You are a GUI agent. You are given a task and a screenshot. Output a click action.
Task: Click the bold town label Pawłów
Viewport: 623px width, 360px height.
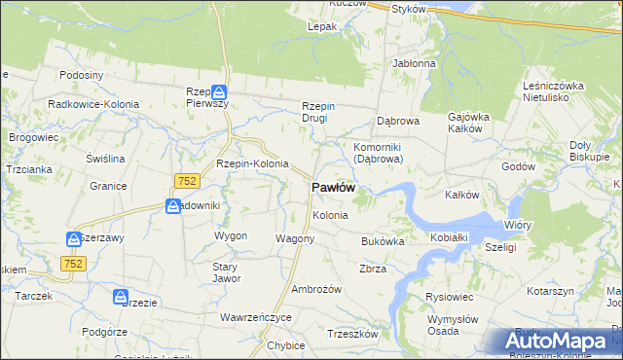point(333,187)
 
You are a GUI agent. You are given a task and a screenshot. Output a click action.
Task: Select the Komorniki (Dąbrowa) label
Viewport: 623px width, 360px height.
point(378,152)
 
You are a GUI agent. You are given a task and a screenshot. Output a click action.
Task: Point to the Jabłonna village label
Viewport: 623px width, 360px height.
point(414,63)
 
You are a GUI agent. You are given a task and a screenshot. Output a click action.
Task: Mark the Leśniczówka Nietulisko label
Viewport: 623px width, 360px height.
point(553,91)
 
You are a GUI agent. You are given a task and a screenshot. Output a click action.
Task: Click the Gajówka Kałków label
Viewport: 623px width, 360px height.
point(467,123)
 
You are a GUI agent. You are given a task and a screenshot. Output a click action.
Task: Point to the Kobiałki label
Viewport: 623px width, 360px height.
point(450,237)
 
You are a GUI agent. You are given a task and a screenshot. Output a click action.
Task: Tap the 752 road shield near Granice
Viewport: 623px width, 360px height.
point(187,180)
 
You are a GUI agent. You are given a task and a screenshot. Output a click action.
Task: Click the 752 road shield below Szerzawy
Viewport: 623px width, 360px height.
point(73,263)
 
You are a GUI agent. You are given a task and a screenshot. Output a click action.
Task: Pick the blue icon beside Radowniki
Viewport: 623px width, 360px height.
point(173,206)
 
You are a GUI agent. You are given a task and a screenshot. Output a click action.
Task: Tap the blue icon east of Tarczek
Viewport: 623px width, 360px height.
point(120,296)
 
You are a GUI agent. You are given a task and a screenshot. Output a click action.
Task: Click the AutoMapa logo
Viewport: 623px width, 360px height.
point(556,342)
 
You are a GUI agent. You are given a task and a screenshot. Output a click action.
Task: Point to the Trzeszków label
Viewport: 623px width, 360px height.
point(352,334)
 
